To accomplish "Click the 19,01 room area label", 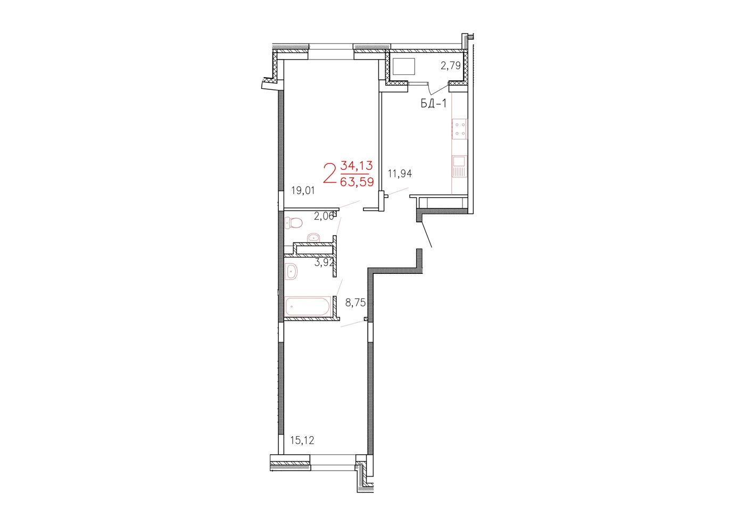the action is click(x=303, y=191).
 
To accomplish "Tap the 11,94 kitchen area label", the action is click(x=400, y=173).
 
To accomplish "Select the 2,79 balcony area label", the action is click(x=451, y=66).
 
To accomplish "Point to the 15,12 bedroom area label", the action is click(x=302, y=440).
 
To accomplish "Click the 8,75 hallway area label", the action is click(x=355, y=303).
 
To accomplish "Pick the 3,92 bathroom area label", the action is click(x=324, y=263).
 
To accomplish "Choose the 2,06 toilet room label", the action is click(x=324, y=216).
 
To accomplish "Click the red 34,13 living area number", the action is click(x=356, y=165).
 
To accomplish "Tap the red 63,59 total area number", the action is click(x=357, y=182).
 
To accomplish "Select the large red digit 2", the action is click(x=329, y=173).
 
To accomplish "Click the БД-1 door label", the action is click(x=434, y=103).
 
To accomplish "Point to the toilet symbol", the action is click(x=294, y=223).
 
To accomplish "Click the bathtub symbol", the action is click(x=308, y=306).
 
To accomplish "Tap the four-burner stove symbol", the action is click(x=459, y=129).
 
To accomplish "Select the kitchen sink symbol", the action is click(x=459, y=166).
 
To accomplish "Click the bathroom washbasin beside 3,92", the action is click(x=291, y=272).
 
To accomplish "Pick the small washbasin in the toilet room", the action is click(x=313, y=237).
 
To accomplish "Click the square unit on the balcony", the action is click(x=404, y=66).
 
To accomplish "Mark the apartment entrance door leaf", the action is click(x=427, y=235).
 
